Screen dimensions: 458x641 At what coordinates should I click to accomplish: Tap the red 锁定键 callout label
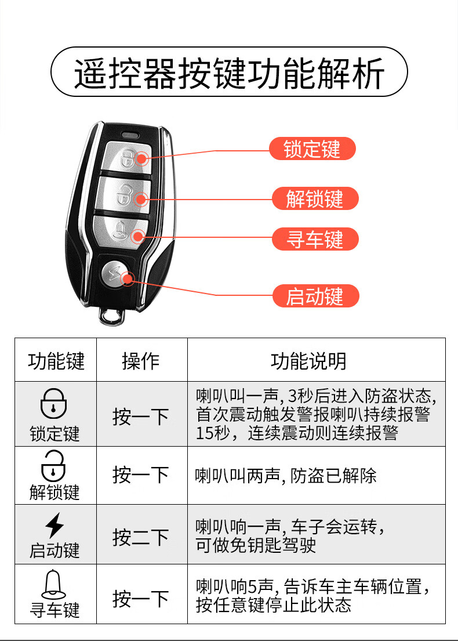point(312,149)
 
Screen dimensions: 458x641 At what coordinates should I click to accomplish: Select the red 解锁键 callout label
point(315,198)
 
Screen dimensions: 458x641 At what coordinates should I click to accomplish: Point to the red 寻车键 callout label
point(315,239)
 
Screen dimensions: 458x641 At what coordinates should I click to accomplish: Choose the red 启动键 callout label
point(315,296)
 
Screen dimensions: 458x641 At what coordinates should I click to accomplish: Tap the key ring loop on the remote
point(111,316)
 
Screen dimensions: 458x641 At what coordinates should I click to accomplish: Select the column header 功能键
point(56,361)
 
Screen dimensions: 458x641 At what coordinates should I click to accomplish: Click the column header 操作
point(140,361)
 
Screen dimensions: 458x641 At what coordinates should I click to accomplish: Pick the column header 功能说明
point(308,361)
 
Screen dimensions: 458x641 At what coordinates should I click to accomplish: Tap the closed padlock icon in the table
point(53,403)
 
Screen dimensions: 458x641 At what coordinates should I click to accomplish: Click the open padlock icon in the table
point(53,466)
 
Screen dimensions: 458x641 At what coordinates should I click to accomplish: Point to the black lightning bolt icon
point(54,526)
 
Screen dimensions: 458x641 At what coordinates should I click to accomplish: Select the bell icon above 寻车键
point(53,585)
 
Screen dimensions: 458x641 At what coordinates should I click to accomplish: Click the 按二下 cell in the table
point(140,537)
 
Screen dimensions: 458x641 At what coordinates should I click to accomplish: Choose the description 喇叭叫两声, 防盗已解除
point(286,476)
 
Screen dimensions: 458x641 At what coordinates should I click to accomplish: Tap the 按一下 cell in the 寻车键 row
point(140,599)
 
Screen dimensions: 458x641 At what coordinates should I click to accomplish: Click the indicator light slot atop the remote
point(131,133)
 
